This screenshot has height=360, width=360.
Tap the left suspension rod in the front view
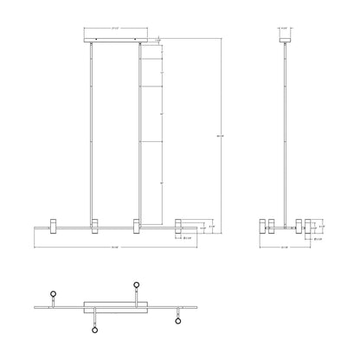click(93, 130)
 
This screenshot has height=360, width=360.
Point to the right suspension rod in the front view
click(138, 130)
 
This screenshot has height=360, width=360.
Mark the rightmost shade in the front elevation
click(179, 226)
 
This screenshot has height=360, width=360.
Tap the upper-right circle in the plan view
click(136, 285)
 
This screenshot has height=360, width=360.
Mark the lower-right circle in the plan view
click(179, 320)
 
